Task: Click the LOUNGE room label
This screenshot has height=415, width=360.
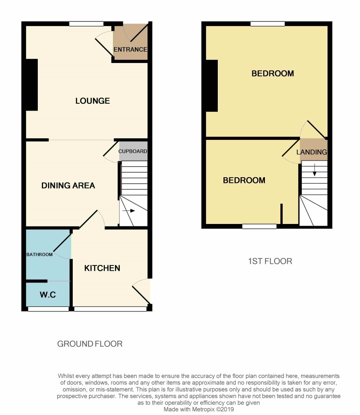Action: pos(93,101)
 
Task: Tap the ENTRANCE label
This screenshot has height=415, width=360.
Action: pos(130,50)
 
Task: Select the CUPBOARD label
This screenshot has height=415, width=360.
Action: pos(132,151)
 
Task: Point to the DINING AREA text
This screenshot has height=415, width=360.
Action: pos(68,185)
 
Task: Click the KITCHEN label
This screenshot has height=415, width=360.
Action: pos(102,268)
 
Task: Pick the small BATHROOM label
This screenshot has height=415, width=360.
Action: pos(39,254)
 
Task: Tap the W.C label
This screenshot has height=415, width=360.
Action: pos(48,295)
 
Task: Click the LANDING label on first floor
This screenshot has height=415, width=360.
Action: pos(312,152)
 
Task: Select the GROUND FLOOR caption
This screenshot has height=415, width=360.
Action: pos(90,344)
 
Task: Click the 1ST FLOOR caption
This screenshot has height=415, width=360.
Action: pos(270,261)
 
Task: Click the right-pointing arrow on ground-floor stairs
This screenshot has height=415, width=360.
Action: pos(129,211)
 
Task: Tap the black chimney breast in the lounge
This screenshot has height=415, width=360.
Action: pos(32,85)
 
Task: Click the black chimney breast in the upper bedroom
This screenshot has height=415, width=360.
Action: pos(212,86)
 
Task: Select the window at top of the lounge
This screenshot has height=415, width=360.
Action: pos(87,24)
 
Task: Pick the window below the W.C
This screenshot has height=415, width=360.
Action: pos(48,309)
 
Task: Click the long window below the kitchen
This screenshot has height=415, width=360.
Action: pos(110,309)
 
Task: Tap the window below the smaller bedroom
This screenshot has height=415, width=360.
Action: pos(260,226)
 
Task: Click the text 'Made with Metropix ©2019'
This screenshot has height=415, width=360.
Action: pos(199,409)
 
